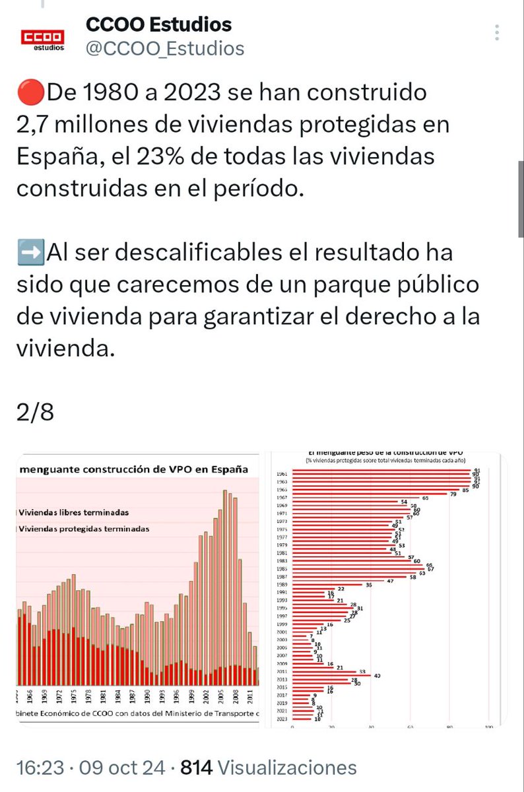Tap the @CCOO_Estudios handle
(165, 48)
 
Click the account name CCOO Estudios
(158, 24)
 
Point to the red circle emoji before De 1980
(30, 93)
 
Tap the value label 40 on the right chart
(377, 675)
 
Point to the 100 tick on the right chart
(489, 728)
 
